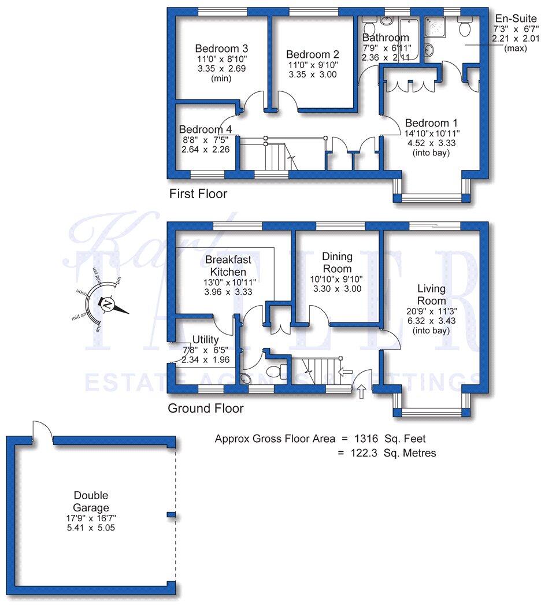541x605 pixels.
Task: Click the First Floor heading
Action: coord(198,194)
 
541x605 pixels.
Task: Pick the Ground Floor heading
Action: coord(205,409)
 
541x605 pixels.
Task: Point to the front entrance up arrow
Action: coord(362,392)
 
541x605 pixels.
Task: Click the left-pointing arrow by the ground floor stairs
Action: coord(346,372)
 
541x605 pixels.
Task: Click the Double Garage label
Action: coord(91,502)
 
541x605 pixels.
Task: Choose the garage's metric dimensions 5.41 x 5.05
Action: coord(91,528)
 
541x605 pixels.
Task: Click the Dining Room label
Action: coord(337,262)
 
